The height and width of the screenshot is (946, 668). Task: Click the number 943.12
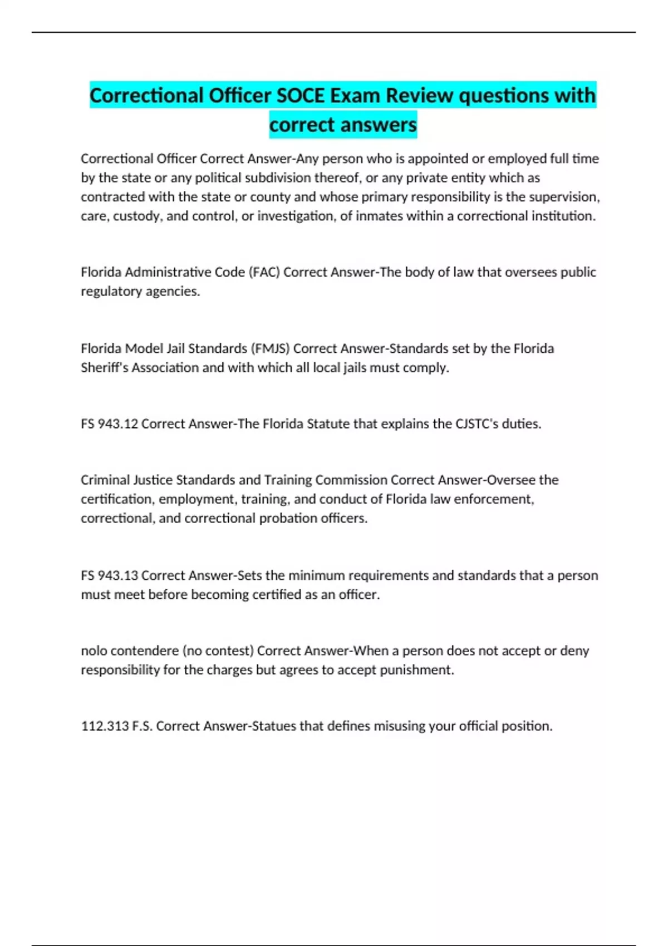point(117,424)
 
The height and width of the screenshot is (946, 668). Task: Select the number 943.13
point(117,575)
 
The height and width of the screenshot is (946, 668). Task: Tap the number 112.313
point(105,726)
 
